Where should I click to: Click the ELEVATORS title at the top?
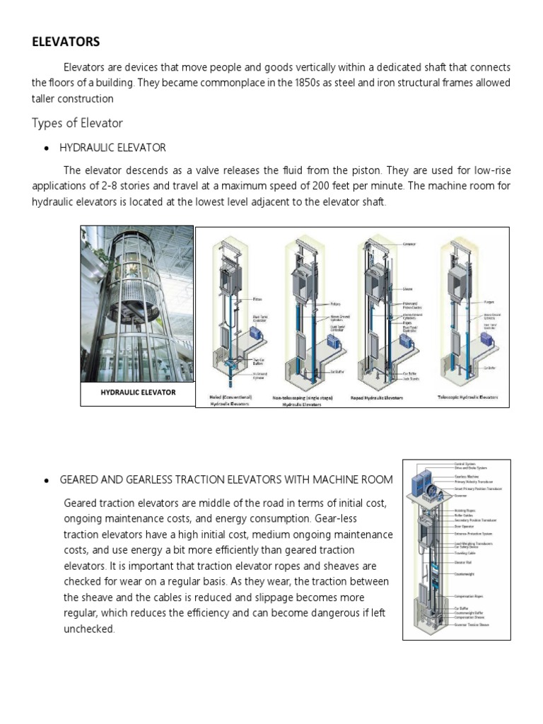pyautogui.click(x=66, y=42)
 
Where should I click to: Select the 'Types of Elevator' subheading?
pyautogui.click(x=77, y=123)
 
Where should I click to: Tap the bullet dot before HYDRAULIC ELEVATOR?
pyautogui.click(x=46, y=148)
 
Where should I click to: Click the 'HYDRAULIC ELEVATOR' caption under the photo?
pyautogui.click(x=138, y=392)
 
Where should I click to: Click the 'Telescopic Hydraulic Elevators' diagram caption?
pyautogui.click(x=467, y=397)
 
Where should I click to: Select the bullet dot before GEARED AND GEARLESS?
pyautogui.click(x=46, y=480)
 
